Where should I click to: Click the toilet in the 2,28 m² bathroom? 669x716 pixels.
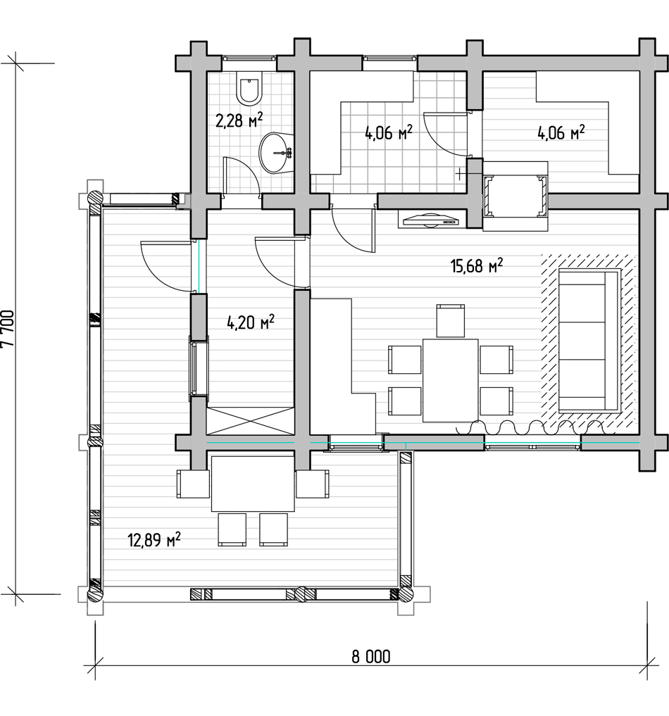pyautogui.click(x=249, y=87)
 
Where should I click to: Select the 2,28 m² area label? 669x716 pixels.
pyautogui.click(x=239, y=120)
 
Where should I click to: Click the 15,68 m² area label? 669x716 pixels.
pyautogui.click(x=477, y=265)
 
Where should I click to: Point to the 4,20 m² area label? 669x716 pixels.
pyautogui.click(x=250, y=322)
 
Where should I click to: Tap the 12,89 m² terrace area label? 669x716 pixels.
pyautogui.click(x=154, y=540)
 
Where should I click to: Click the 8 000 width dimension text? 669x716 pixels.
pyautogui.click(x=371, y=657)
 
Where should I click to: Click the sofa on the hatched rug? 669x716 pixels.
pyautogui.click(x=589, y=341)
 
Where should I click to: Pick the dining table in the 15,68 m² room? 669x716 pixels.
pyautogui.click(x=450, y=380)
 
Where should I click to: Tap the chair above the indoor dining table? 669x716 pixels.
pyautogui.click(x=450, y=320)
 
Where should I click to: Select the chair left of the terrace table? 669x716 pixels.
pyautogui.click(x=193, y=484)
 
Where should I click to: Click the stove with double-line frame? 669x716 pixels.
pyautogui.click(x=515, y=196)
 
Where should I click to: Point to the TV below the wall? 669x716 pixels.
pyautogui.click(x=430, y=220)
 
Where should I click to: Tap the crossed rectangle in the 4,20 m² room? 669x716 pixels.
pyautogui.click(x=250, y=421)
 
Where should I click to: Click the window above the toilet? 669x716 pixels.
pyautogui.click(x=249, y=58)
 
